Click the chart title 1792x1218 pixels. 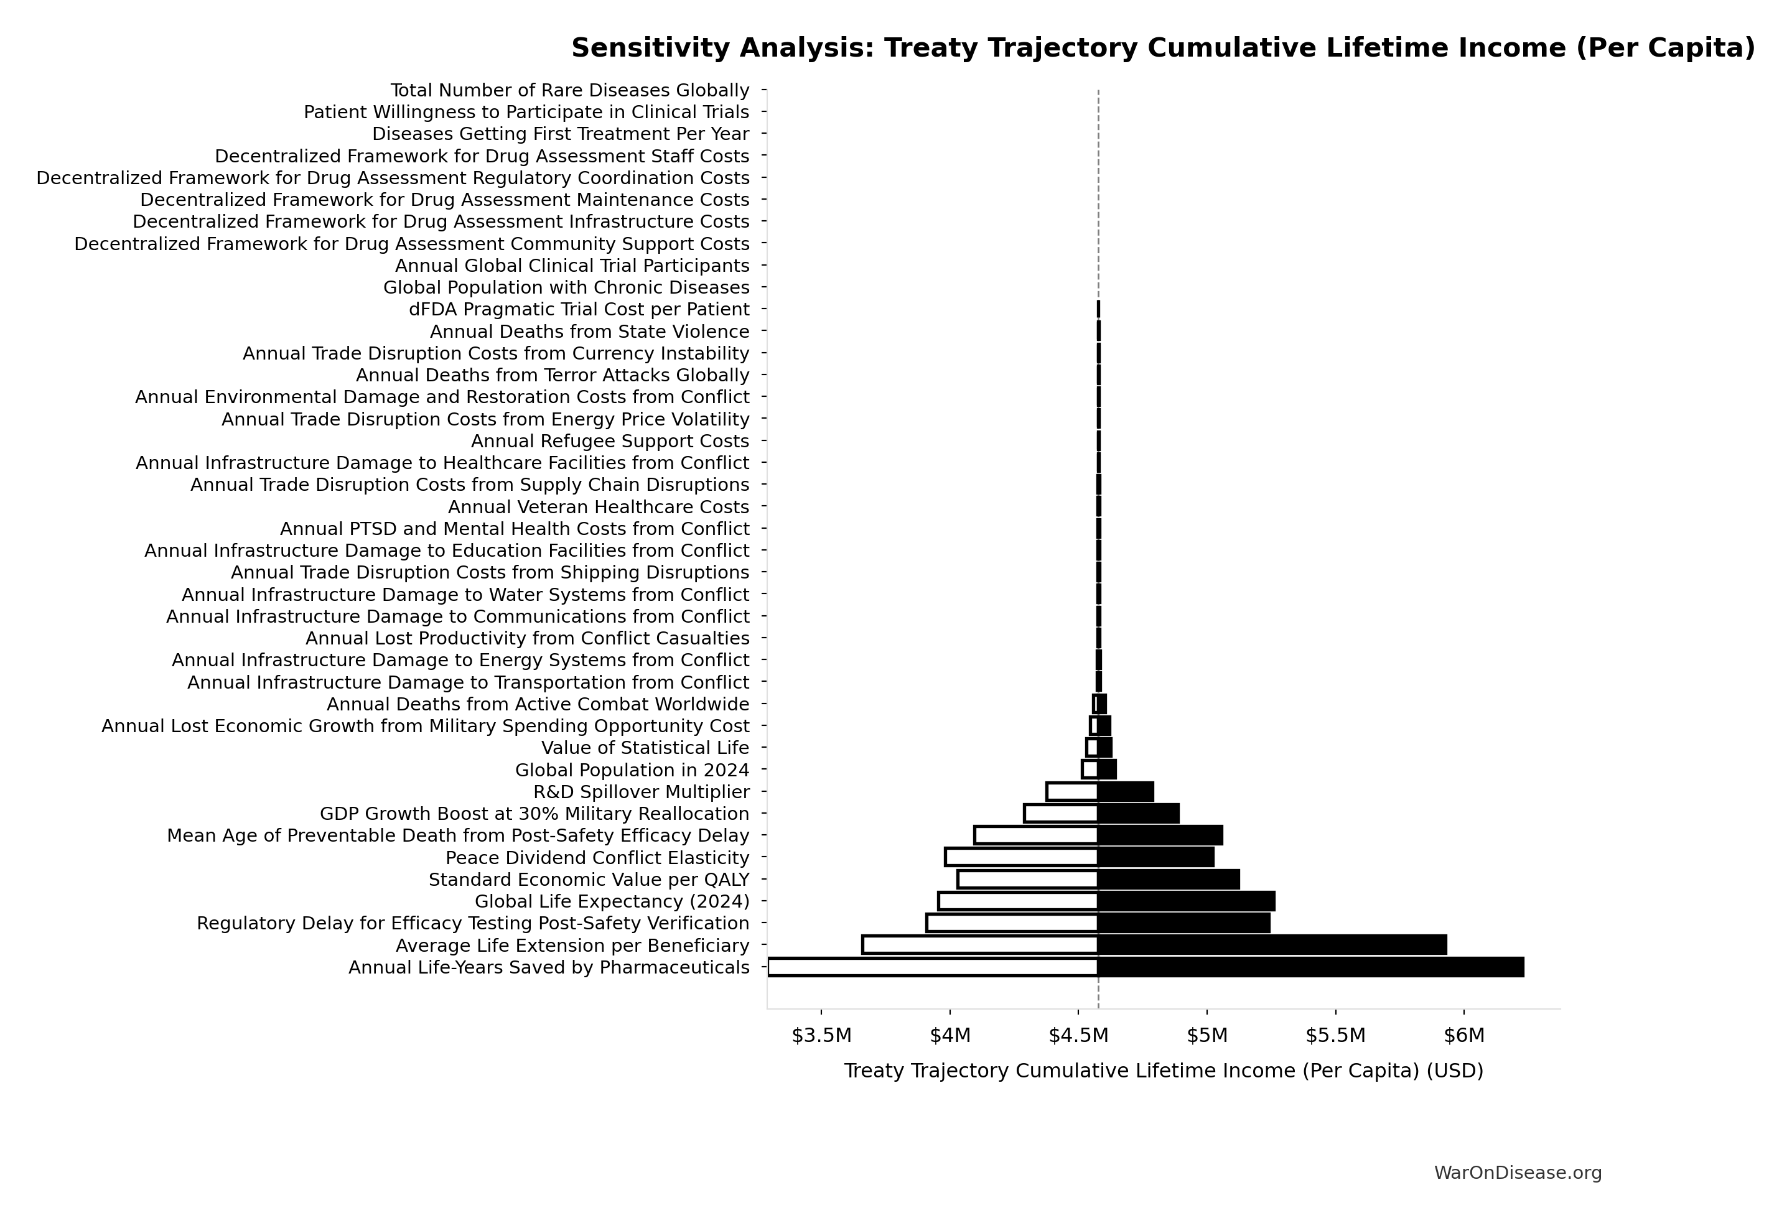coord(1163,48)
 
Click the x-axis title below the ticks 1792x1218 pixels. coord(1163,1071)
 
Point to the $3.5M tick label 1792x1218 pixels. coord(821,1035)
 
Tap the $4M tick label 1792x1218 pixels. coord(950,1035)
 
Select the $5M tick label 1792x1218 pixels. coord(1206,1035)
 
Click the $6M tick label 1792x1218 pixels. coord(1463,1035)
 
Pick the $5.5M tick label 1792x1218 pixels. coord(1335,1035)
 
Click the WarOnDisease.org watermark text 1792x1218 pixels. coord(1518,1173)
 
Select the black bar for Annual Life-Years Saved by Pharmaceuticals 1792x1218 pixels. coord(1311,967)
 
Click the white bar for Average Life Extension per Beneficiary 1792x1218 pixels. coord(979,945)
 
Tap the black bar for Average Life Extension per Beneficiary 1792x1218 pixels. coord(1272,945)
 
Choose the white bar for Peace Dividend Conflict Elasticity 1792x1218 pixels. coord(1021,857)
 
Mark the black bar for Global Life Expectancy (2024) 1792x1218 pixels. coord(1186,901)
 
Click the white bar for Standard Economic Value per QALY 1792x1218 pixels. coord(1027,880)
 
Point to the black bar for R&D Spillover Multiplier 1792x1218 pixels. coord(1126,792)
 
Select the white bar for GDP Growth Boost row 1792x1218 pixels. coord(1061,813)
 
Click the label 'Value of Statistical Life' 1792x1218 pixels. coord(645,748)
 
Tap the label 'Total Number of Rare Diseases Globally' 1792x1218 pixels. coord(570,90)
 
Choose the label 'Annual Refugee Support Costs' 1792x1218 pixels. coord(610,441)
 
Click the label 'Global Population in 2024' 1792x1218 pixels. coord(632,770)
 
